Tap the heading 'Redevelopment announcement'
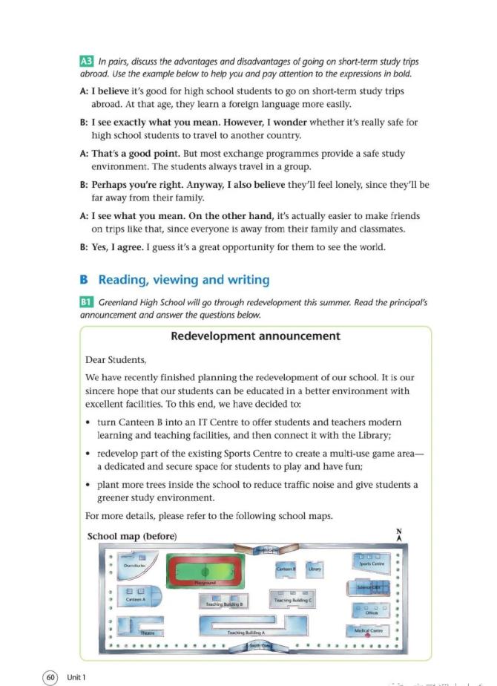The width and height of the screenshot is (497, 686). tap(255, 336)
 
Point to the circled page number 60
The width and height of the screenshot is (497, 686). tap(50, 677)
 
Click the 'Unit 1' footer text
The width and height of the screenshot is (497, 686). tap(76, 677)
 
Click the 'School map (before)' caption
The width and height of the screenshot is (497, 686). tap(132, 536)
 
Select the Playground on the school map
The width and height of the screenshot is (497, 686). tap(204, 571)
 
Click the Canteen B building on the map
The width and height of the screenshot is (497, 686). tap(286, 569)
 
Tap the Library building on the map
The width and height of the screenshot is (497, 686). tap(315, 569)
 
